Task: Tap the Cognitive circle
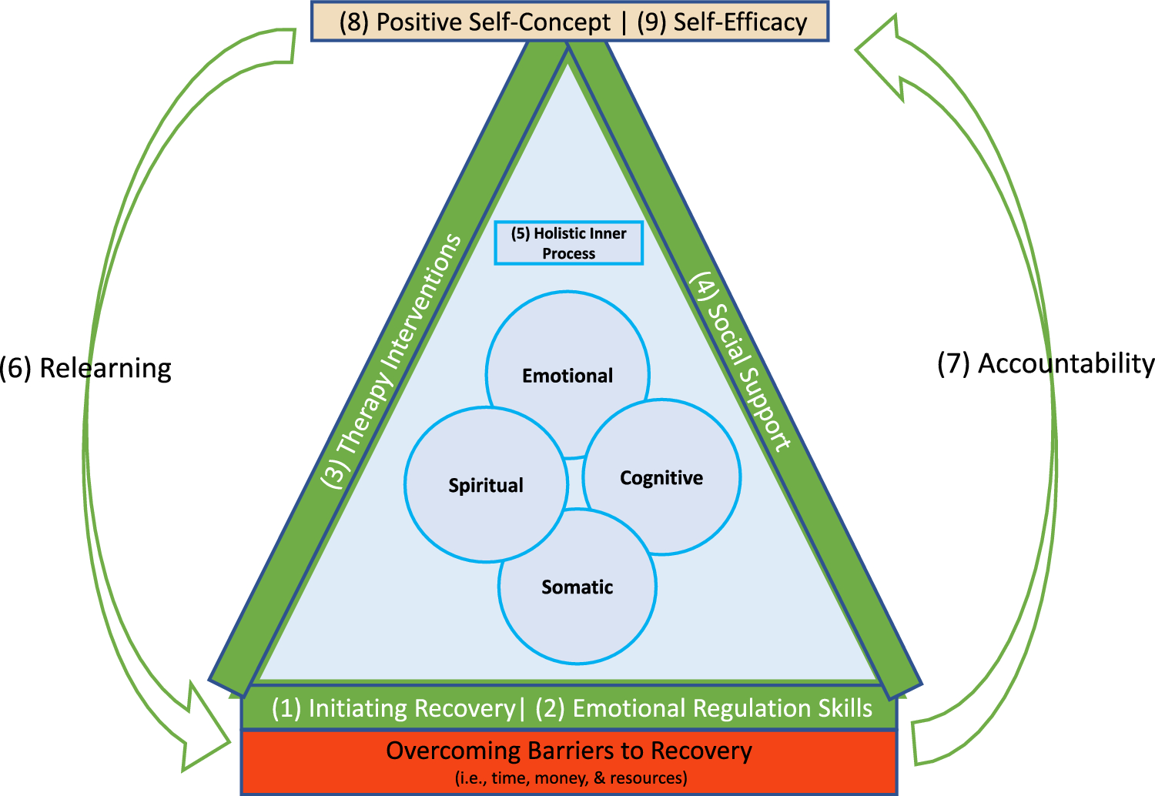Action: [x=661, y=478]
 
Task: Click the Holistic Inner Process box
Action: [x=568, y=243]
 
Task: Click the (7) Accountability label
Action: [x=1046, y=363]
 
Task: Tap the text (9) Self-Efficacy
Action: [x=722, y=22]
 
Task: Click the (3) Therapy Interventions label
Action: [x=392, y=362]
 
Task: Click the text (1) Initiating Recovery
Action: [x=393, y=708]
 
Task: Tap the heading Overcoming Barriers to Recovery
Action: [x=569, y=751]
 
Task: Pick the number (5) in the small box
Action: [x=521, y=233]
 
